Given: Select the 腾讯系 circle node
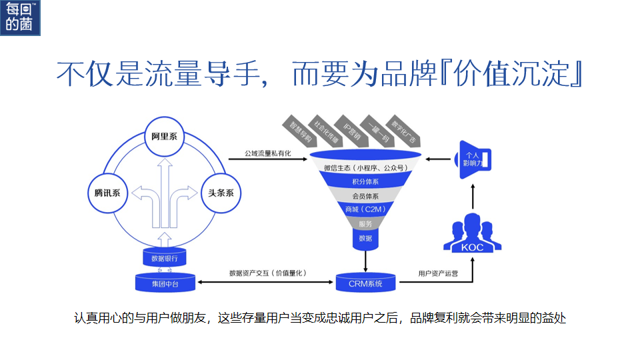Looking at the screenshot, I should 107,193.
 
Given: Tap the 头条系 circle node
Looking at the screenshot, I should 221,193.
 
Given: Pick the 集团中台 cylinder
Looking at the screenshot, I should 165,283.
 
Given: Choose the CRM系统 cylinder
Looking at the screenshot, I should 365,283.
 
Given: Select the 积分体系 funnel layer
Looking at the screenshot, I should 365,182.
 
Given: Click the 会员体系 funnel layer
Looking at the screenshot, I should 365,196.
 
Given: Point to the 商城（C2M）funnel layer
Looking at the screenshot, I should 365,209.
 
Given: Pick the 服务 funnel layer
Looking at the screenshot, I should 365,223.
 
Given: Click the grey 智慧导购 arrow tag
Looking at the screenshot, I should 299,131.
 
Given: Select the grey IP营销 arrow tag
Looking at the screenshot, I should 351,129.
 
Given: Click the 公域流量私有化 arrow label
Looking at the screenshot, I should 259,153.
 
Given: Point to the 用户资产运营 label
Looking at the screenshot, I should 437,273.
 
